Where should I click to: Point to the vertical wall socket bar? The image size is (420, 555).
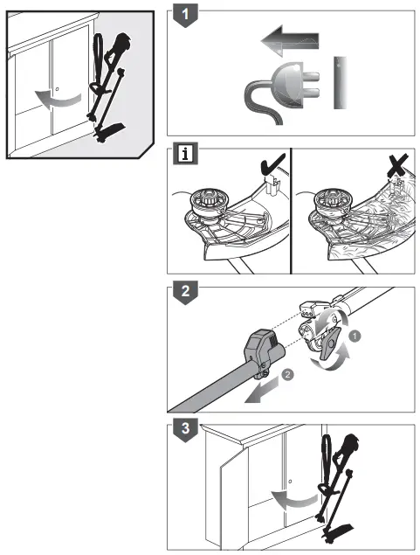coord(340,84)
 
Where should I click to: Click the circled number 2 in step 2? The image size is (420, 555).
coord(288,378)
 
